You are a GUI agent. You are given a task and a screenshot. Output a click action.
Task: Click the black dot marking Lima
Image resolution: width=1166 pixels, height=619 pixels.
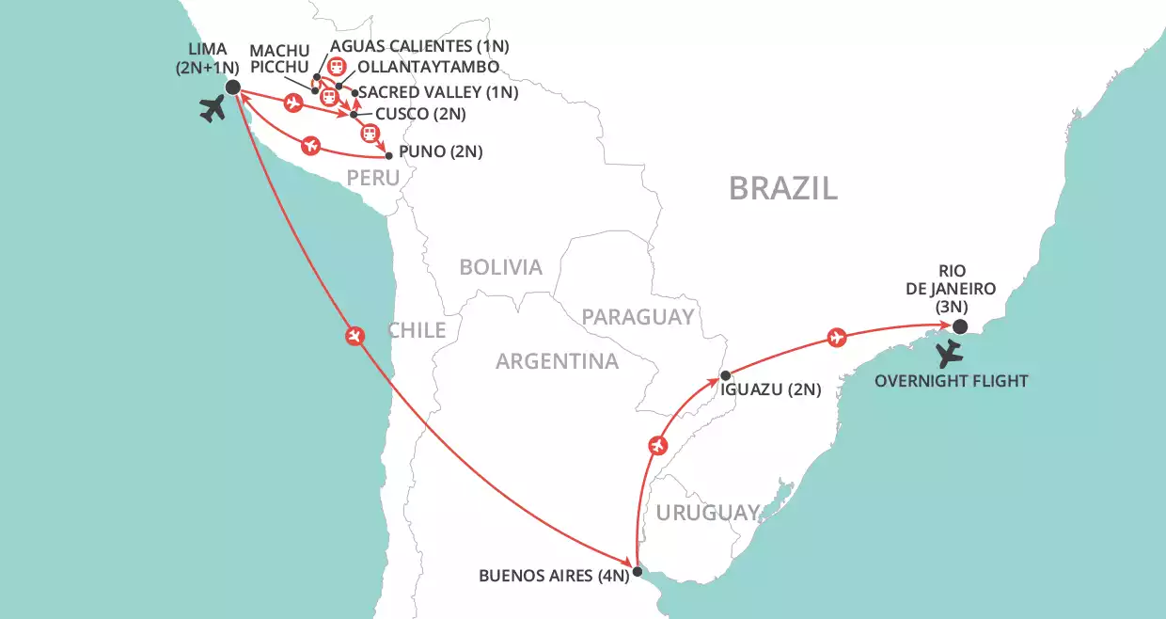[232, 87]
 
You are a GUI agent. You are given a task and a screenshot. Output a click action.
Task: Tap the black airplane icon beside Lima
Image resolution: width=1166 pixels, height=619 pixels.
[214, 109]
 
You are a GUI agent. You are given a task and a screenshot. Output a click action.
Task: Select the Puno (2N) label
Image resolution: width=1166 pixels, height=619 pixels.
[440, 151]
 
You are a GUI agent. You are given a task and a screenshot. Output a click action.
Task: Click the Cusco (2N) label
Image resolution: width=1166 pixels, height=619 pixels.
[420, 114]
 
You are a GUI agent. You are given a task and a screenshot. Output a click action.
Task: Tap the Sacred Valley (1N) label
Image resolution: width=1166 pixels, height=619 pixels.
[439, 92]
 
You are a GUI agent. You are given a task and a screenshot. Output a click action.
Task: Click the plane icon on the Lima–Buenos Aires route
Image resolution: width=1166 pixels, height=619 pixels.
[355, 336]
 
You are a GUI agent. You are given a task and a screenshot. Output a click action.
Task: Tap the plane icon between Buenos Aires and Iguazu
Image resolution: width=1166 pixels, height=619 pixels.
[657, 444]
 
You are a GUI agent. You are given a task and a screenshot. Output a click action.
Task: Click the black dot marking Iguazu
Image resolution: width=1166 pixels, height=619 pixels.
[724, 375]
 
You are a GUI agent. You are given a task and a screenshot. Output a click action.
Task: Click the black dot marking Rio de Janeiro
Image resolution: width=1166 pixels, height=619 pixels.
[958, 326]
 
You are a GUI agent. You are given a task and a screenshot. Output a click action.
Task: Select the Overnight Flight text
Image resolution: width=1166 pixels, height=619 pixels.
[952, 381]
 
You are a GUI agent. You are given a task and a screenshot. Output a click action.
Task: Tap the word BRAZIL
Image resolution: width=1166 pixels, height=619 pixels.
[783, 188]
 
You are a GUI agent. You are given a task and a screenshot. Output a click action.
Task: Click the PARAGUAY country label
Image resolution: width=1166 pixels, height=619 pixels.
[638, 316]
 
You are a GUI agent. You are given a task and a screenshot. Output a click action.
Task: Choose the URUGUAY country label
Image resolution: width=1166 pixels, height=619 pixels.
[707, 513]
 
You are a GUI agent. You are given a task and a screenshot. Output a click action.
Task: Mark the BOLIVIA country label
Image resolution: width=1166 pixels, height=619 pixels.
[500, 267]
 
